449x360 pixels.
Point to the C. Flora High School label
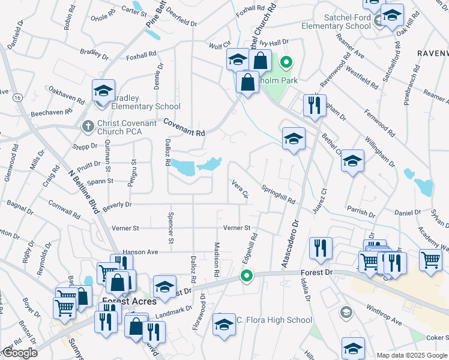coord(274,320)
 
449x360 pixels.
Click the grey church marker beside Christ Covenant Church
coord(87,127)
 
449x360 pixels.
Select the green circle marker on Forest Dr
coord(246,276)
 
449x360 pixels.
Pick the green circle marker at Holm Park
coord(287,61)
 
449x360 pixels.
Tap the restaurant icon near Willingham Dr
coord(315,106)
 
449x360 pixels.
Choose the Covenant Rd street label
coord(185,126)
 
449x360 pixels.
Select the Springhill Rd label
coord(278,194)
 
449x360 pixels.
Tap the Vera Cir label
coord(240,188)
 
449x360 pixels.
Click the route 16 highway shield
coord(17,97)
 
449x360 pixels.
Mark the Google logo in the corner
coord(19,353)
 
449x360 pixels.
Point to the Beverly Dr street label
coord(117,205)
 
